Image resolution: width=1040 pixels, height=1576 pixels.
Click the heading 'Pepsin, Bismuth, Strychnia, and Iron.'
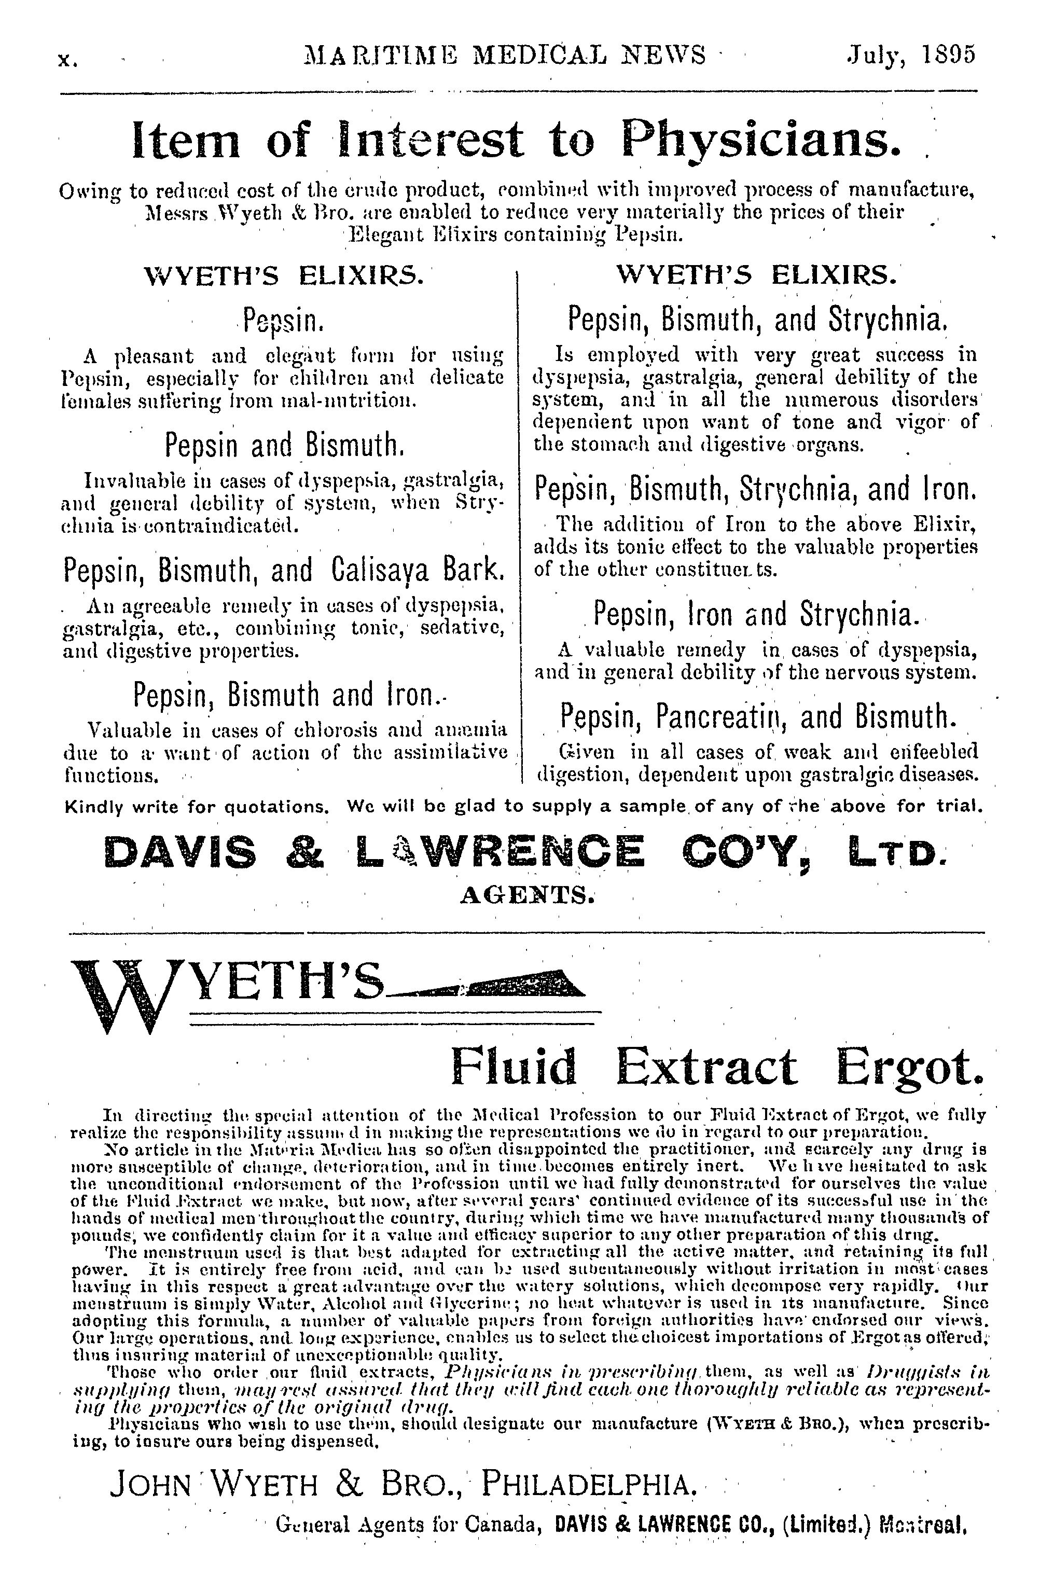(755, 490)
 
